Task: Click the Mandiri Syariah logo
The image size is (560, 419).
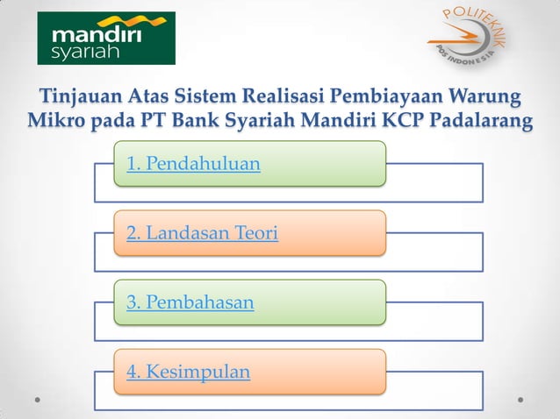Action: (x=106, y=38)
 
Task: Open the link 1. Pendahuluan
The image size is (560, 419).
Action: (x=193, y=163)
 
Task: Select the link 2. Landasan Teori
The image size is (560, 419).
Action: (x=202, y=233)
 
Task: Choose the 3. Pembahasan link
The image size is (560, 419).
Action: (x=190, y=302)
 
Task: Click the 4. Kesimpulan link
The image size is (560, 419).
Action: (x=188, y=372)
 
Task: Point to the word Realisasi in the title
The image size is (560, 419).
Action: (x=284, y=95)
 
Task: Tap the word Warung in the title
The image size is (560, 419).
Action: (x=484, y=95)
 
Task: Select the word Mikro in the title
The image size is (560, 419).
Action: (x=54, y=120)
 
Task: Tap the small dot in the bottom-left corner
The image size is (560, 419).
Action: (x=39, y=399)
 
